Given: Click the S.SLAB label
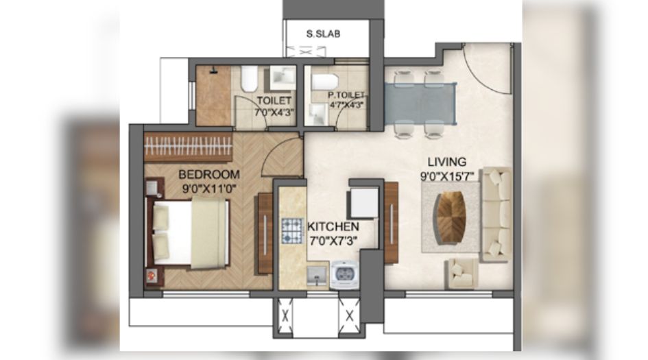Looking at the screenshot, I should [x=324, y=33].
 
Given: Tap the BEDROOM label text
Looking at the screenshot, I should [x=209, y=174].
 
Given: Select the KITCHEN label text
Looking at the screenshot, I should [x=333, y=226].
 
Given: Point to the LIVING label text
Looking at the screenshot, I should [x=446, y=163].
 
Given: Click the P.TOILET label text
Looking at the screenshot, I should [x=346, y=95].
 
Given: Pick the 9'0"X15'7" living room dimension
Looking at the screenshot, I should [x=446, y=176].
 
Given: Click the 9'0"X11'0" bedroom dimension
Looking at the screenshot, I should [x=209, y=187].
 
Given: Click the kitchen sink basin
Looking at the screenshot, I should [x=316, y=277].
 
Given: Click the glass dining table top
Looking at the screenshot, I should [x=419, y=103].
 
